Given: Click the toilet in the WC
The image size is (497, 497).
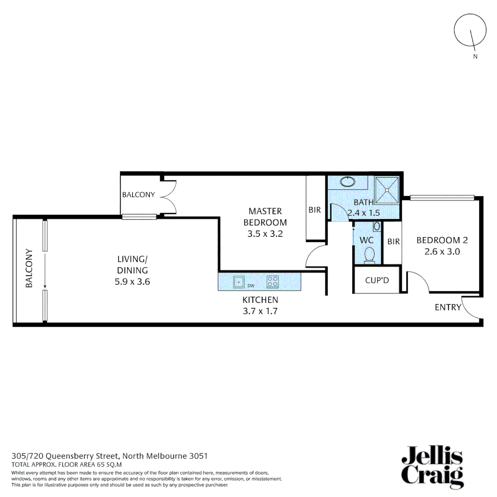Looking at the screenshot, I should pyautogui.click(x=369, y=255).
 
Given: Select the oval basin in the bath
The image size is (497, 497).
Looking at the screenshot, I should pyautogui.click(x=348, y=182).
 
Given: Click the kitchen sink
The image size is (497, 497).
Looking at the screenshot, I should pyautogui.click(x=239, y=281).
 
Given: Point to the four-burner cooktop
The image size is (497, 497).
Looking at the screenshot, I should pyautogui.click(x=272, y=281).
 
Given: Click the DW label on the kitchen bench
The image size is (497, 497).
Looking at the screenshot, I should pyautogui.click(x=251, y=286).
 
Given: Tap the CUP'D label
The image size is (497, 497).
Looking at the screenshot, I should pyautogui.click(x=376, y=279).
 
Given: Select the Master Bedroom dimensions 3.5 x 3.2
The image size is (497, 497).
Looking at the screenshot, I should pyautogui.click(x=265, y=233).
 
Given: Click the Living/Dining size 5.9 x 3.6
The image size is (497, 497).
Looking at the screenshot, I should pyautogui.click(x=132, y=282).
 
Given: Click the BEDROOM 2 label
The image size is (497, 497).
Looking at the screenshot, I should pyautogui.click(x=438, y=240).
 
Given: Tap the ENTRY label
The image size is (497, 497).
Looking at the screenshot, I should pyautogui.click(x=448, y=307).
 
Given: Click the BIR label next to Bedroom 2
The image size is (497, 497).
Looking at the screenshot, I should pyautogui.click(x=393, y=241).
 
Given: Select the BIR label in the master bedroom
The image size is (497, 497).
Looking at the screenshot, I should pyautogui.click(x=315, y=210).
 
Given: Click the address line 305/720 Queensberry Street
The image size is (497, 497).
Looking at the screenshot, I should pyautogui.click(x=110, y=456).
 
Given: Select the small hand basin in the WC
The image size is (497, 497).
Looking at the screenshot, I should pyautogui.click(x=377, y=226).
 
